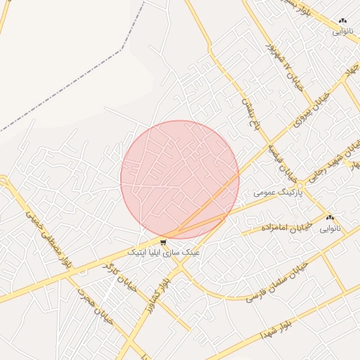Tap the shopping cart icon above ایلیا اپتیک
163,243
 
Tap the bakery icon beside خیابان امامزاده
330,218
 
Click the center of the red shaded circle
180,179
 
